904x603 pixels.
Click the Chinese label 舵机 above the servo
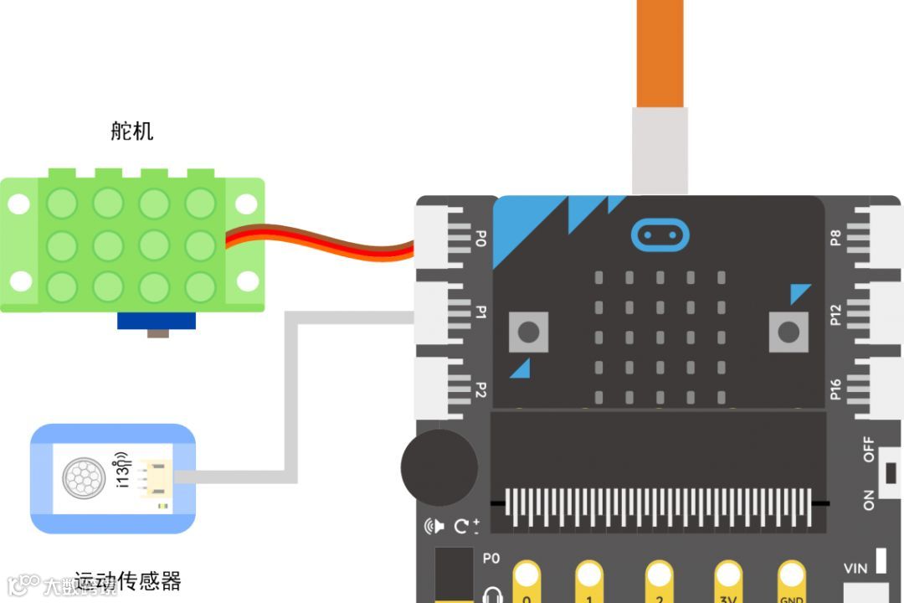[132, 131]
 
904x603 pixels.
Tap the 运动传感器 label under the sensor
[127, 580]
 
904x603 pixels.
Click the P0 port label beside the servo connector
[480, 238]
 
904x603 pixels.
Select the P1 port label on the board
[480, 312]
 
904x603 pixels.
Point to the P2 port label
[480, 389]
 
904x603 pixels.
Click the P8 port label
[835, 238]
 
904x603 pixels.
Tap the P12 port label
[835, 314]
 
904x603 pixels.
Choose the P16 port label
[835, 389]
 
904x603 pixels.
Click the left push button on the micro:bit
[528, 332]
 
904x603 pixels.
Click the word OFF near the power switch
[869, 450]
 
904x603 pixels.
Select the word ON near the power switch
[869, 500]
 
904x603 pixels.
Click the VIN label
[855, 569]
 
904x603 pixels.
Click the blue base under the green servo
[157, 320]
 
